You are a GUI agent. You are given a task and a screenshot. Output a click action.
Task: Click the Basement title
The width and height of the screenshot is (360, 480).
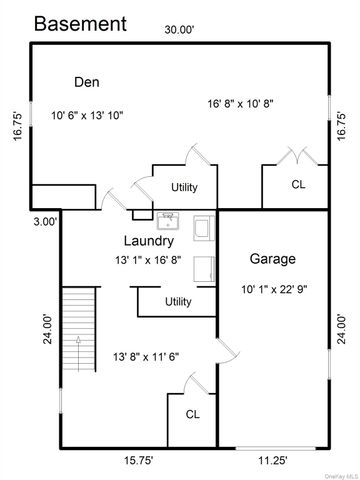click(80, 24)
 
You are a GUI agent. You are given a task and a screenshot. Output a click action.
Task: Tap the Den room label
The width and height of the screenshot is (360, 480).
click(87, 82)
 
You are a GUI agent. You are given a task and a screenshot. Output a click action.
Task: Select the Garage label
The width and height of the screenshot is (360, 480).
click(273, 259)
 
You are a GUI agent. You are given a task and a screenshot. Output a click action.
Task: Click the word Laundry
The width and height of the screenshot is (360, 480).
click(149, 241)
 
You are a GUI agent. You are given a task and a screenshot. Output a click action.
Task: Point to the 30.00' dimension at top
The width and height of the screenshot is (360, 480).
click(179, 30)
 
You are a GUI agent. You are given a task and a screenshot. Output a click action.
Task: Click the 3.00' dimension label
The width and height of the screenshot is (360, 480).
click(46, 222)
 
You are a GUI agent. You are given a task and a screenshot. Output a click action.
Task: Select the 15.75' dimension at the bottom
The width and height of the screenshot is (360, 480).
click(139, 461)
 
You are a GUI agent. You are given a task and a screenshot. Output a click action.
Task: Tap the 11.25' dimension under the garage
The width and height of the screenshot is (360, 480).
click(273, 461)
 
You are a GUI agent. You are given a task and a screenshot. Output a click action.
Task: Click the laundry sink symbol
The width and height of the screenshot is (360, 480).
click(168, 221)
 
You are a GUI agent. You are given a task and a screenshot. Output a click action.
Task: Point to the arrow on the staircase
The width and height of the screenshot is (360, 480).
click(78, 353)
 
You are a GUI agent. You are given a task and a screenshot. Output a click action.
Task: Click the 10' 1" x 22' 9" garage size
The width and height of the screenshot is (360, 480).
click(274, 289)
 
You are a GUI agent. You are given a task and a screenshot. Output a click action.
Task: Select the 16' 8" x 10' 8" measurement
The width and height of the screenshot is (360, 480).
click(241, 104)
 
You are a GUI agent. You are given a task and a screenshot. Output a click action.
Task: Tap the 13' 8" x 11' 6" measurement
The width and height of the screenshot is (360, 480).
click(146, 357)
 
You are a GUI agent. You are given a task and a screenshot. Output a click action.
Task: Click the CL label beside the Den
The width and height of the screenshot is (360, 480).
click(298, 184)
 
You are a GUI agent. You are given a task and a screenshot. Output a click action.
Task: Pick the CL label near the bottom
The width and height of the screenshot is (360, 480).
click(193, 414)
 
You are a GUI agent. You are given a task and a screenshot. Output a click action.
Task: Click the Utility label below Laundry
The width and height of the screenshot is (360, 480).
click(178, 302)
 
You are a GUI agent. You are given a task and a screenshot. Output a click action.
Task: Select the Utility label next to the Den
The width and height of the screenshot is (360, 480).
click(184, 187)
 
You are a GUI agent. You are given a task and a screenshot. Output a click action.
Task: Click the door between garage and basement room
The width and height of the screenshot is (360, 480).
click(228, 351)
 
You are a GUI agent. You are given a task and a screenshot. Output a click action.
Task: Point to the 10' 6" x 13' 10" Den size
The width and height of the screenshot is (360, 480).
click(87, 116)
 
